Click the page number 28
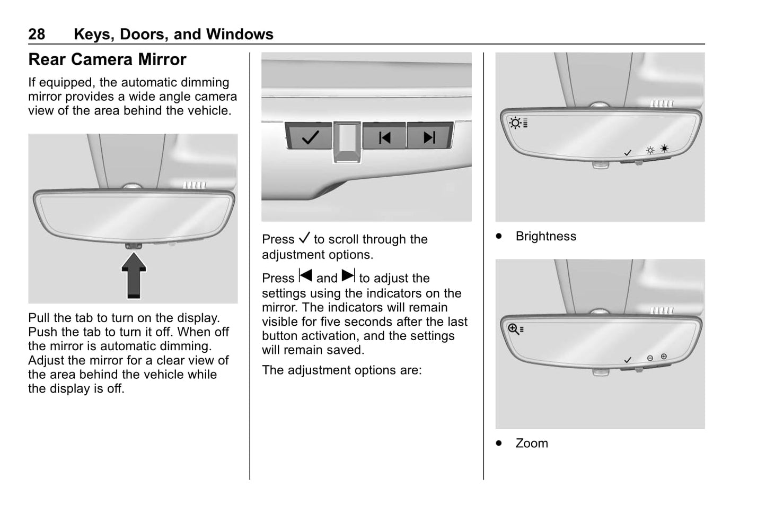tap(37, 34)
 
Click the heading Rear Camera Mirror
tap(107, 59)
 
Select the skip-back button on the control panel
tap(384, 137)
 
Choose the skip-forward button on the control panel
tap(429, 137)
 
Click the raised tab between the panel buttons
tap(347, 142)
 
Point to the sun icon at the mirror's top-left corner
tap(515, 123)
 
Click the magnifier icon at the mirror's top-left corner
tap(513, 329)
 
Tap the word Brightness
tap(545, 236)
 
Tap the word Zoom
tap(532, 443)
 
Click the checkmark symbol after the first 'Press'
tap(304, 238)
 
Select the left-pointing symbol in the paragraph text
tap(305, 276)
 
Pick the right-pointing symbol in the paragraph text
tap(348, 276)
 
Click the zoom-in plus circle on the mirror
tap(664, 357)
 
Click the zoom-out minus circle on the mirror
tap(650, 358)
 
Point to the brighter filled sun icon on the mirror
tap(664, 149)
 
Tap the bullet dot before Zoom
tap(498, 443)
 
